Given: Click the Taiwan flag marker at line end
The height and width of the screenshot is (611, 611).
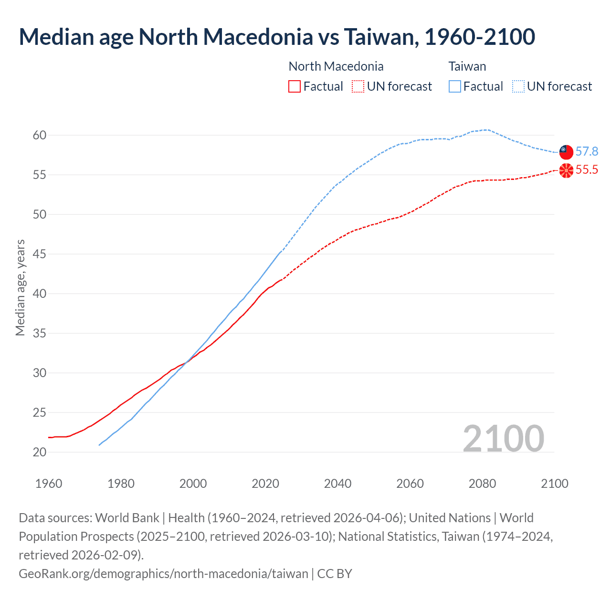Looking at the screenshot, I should tap(566, 152).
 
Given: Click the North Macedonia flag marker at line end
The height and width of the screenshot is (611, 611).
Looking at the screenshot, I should tap(566, 170).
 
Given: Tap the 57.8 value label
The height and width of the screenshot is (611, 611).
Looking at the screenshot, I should tap(587, 151).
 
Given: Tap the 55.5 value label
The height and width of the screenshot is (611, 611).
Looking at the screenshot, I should tap(587, 170).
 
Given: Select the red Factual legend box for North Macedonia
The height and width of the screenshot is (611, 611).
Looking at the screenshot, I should tap(295, 86).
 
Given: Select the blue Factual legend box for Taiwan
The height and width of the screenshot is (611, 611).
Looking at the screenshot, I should tap(455, 86).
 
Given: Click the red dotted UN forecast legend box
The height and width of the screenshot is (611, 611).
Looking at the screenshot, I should tap(358, 86).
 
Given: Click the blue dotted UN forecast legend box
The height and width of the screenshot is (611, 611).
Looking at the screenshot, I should tap(518, 86).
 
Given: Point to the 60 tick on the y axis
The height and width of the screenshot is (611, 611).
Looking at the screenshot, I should tap(40, 135).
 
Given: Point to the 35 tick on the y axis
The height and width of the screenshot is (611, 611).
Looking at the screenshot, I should tap(40, 333).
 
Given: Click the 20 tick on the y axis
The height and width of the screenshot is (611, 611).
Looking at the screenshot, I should tap(40, 452).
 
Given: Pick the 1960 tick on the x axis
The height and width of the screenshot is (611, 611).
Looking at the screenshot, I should tap(49, 484).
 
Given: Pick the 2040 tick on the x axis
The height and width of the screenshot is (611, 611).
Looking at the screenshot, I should tap(337, 484).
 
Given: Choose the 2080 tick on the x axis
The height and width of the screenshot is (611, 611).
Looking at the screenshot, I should tap(482, 484).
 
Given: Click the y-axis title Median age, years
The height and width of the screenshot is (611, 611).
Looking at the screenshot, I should tap(20, 288).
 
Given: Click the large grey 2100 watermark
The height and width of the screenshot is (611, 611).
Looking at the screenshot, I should tap(503, 438).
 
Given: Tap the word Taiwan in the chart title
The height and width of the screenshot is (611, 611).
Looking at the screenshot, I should tap(380, 37).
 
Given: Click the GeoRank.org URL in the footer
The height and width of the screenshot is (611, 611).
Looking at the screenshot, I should tap(163, 573).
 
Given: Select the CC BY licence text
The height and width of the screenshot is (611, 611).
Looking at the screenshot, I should tap(335, 573).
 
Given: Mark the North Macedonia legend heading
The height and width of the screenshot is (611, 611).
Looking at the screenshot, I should tap(336, 66).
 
